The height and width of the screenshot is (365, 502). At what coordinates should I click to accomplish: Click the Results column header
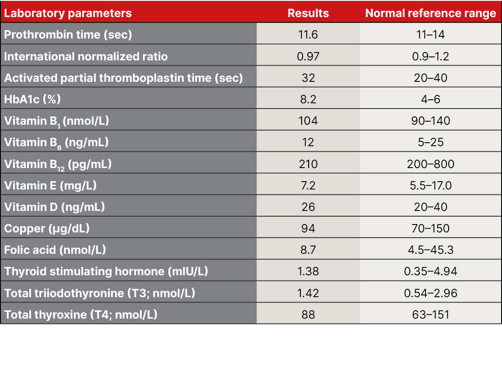(308, 13)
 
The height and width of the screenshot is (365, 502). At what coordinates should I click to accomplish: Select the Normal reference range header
(430, 13)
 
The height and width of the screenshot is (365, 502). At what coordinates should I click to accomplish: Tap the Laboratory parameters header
(68, 13)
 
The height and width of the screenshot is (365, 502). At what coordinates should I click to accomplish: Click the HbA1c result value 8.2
(308, 99)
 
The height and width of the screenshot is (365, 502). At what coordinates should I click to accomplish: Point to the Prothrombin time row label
(68, 35)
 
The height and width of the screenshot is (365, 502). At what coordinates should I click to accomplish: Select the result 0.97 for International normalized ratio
(308, 56)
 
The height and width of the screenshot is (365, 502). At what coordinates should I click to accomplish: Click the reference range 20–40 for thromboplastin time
(431, 78)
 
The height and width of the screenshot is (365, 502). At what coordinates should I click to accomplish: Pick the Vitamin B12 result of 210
(308, 164)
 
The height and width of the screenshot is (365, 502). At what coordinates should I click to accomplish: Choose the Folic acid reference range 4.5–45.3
(431, 250)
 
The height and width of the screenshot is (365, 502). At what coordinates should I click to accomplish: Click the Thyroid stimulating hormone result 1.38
(308, 271)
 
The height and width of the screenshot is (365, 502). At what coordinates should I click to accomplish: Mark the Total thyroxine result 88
(308, 315)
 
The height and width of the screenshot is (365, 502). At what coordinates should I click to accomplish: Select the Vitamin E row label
(50, 186)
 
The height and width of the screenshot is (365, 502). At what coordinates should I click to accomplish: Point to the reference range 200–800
(431, 164)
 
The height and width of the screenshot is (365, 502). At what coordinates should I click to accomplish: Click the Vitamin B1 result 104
(308, 121)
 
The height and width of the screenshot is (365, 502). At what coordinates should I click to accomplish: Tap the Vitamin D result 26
(308, 207)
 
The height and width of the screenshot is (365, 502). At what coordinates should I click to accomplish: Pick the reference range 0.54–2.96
(431, 293)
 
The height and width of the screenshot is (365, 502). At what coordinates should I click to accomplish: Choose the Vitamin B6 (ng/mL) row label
(56, 143)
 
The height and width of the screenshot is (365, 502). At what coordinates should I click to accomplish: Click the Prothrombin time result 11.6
(308, 35)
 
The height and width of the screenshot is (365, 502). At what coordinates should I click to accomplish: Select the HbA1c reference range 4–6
(431, 99)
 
